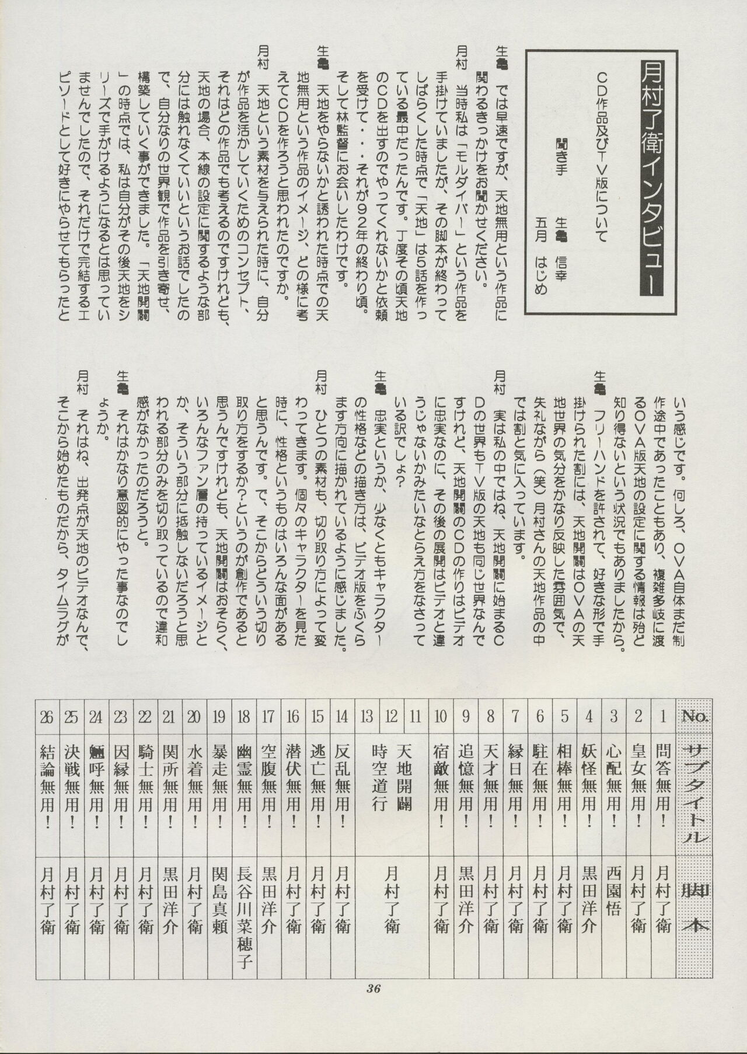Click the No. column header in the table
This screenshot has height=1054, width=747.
pyautogui.click(x=694, y=716)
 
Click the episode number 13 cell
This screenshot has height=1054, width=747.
pyautogui.click(x=367, y=716)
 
